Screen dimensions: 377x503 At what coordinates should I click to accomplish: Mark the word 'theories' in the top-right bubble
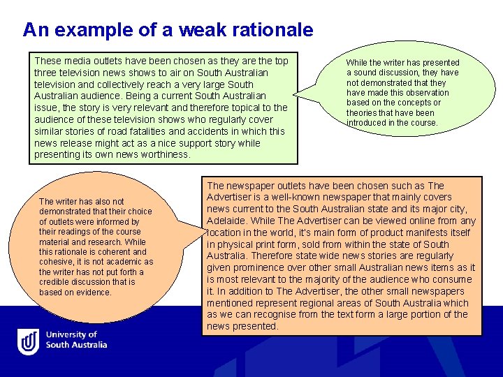click(362, 112)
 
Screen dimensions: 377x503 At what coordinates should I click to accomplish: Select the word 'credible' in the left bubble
click(55, 282)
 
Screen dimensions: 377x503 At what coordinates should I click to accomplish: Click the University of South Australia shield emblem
click(28, 341)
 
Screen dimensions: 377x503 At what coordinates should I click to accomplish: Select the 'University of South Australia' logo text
click(77, 340)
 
